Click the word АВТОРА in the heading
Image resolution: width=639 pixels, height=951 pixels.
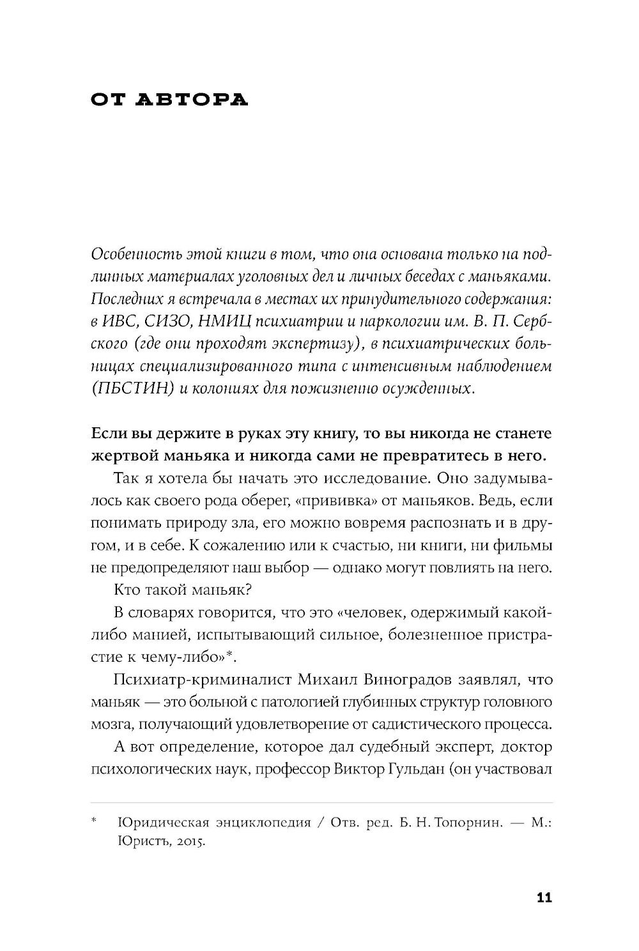click(x=193, y=100)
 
